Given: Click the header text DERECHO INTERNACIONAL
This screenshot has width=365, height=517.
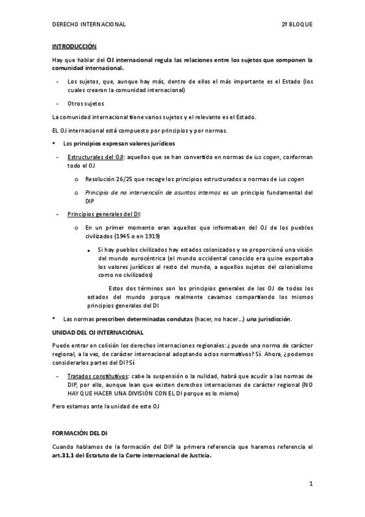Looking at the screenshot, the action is point(89,24).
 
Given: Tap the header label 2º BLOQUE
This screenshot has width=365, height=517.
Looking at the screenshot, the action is point(297,24).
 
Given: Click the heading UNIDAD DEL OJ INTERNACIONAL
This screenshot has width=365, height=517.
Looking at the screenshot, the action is point(97,332).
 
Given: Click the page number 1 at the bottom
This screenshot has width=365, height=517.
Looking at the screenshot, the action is point(310,484).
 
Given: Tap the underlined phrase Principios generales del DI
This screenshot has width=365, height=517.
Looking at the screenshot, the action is point(104,214).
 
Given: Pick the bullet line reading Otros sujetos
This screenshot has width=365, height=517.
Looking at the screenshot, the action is point(86,104).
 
